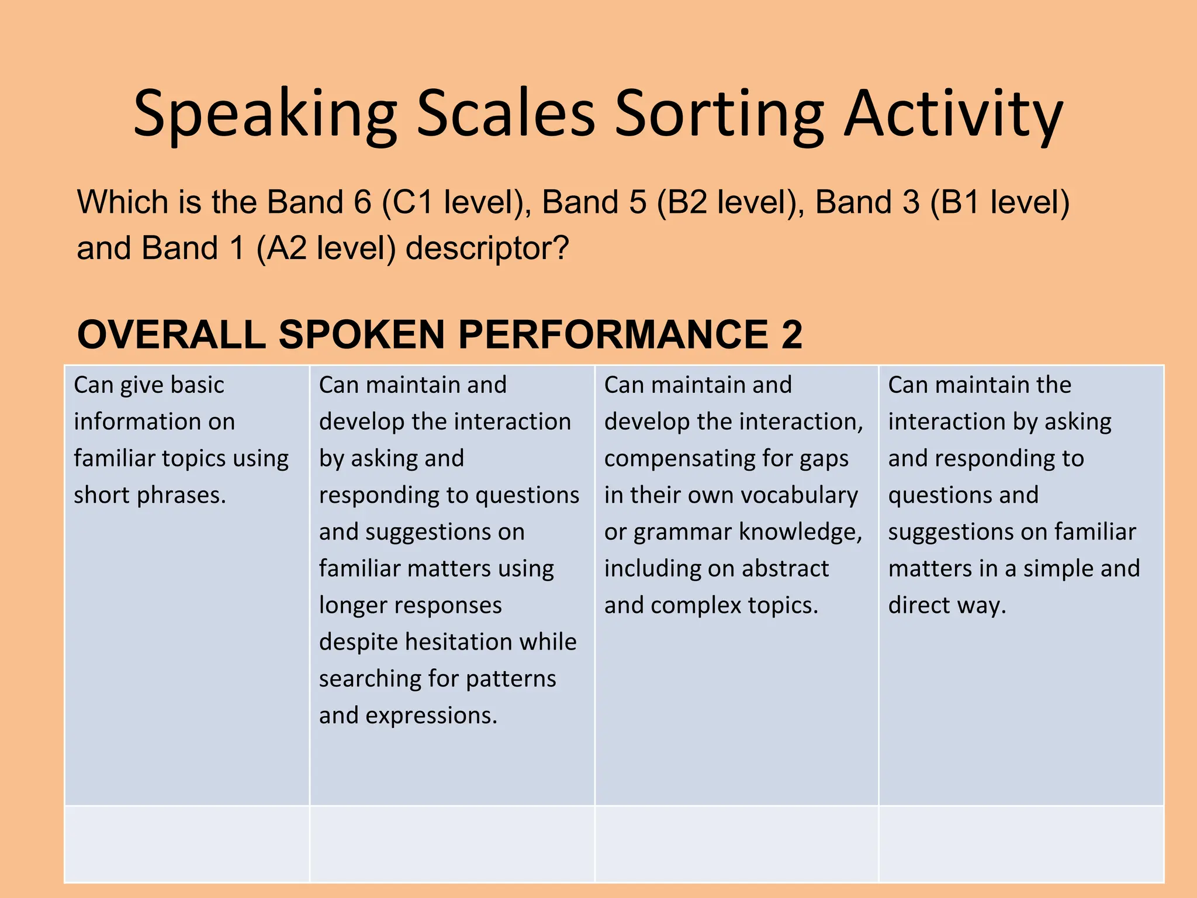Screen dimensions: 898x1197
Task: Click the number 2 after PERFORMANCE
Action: tap(791, 335)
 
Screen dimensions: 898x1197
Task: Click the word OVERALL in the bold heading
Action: tap(172, 335)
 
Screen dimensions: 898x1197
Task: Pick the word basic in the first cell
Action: tap(198, 385)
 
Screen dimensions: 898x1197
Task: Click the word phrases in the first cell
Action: tap(181, 496)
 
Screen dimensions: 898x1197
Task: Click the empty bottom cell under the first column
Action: tap(186, 844)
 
